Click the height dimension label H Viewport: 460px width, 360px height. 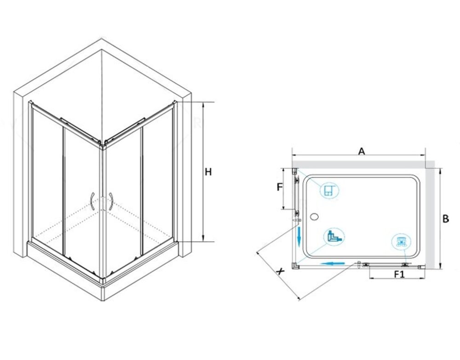tap(208, 172)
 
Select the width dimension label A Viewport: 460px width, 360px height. tap(362, 151)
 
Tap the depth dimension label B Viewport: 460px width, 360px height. tap(445, 219)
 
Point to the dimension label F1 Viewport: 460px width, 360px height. tap(399, 274)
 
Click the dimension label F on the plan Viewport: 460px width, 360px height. tap(280, 187)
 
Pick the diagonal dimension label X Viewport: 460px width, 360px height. tap(281, 271)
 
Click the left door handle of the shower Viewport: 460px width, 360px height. tap(92, 202)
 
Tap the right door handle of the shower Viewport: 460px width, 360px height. tap(111, 201)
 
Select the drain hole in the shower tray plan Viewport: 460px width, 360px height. tap(314, 217)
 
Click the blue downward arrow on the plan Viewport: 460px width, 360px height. tap(299, 236)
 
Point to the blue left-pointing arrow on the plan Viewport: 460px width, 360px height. tap(333, 263)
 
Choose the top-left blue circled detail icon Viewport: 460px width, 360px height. tap(329, 190)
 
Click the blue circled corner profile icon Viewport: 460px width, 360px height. tap(334, 236)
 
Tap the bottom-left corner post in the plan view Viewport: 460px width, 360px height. tap(295, 266)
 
